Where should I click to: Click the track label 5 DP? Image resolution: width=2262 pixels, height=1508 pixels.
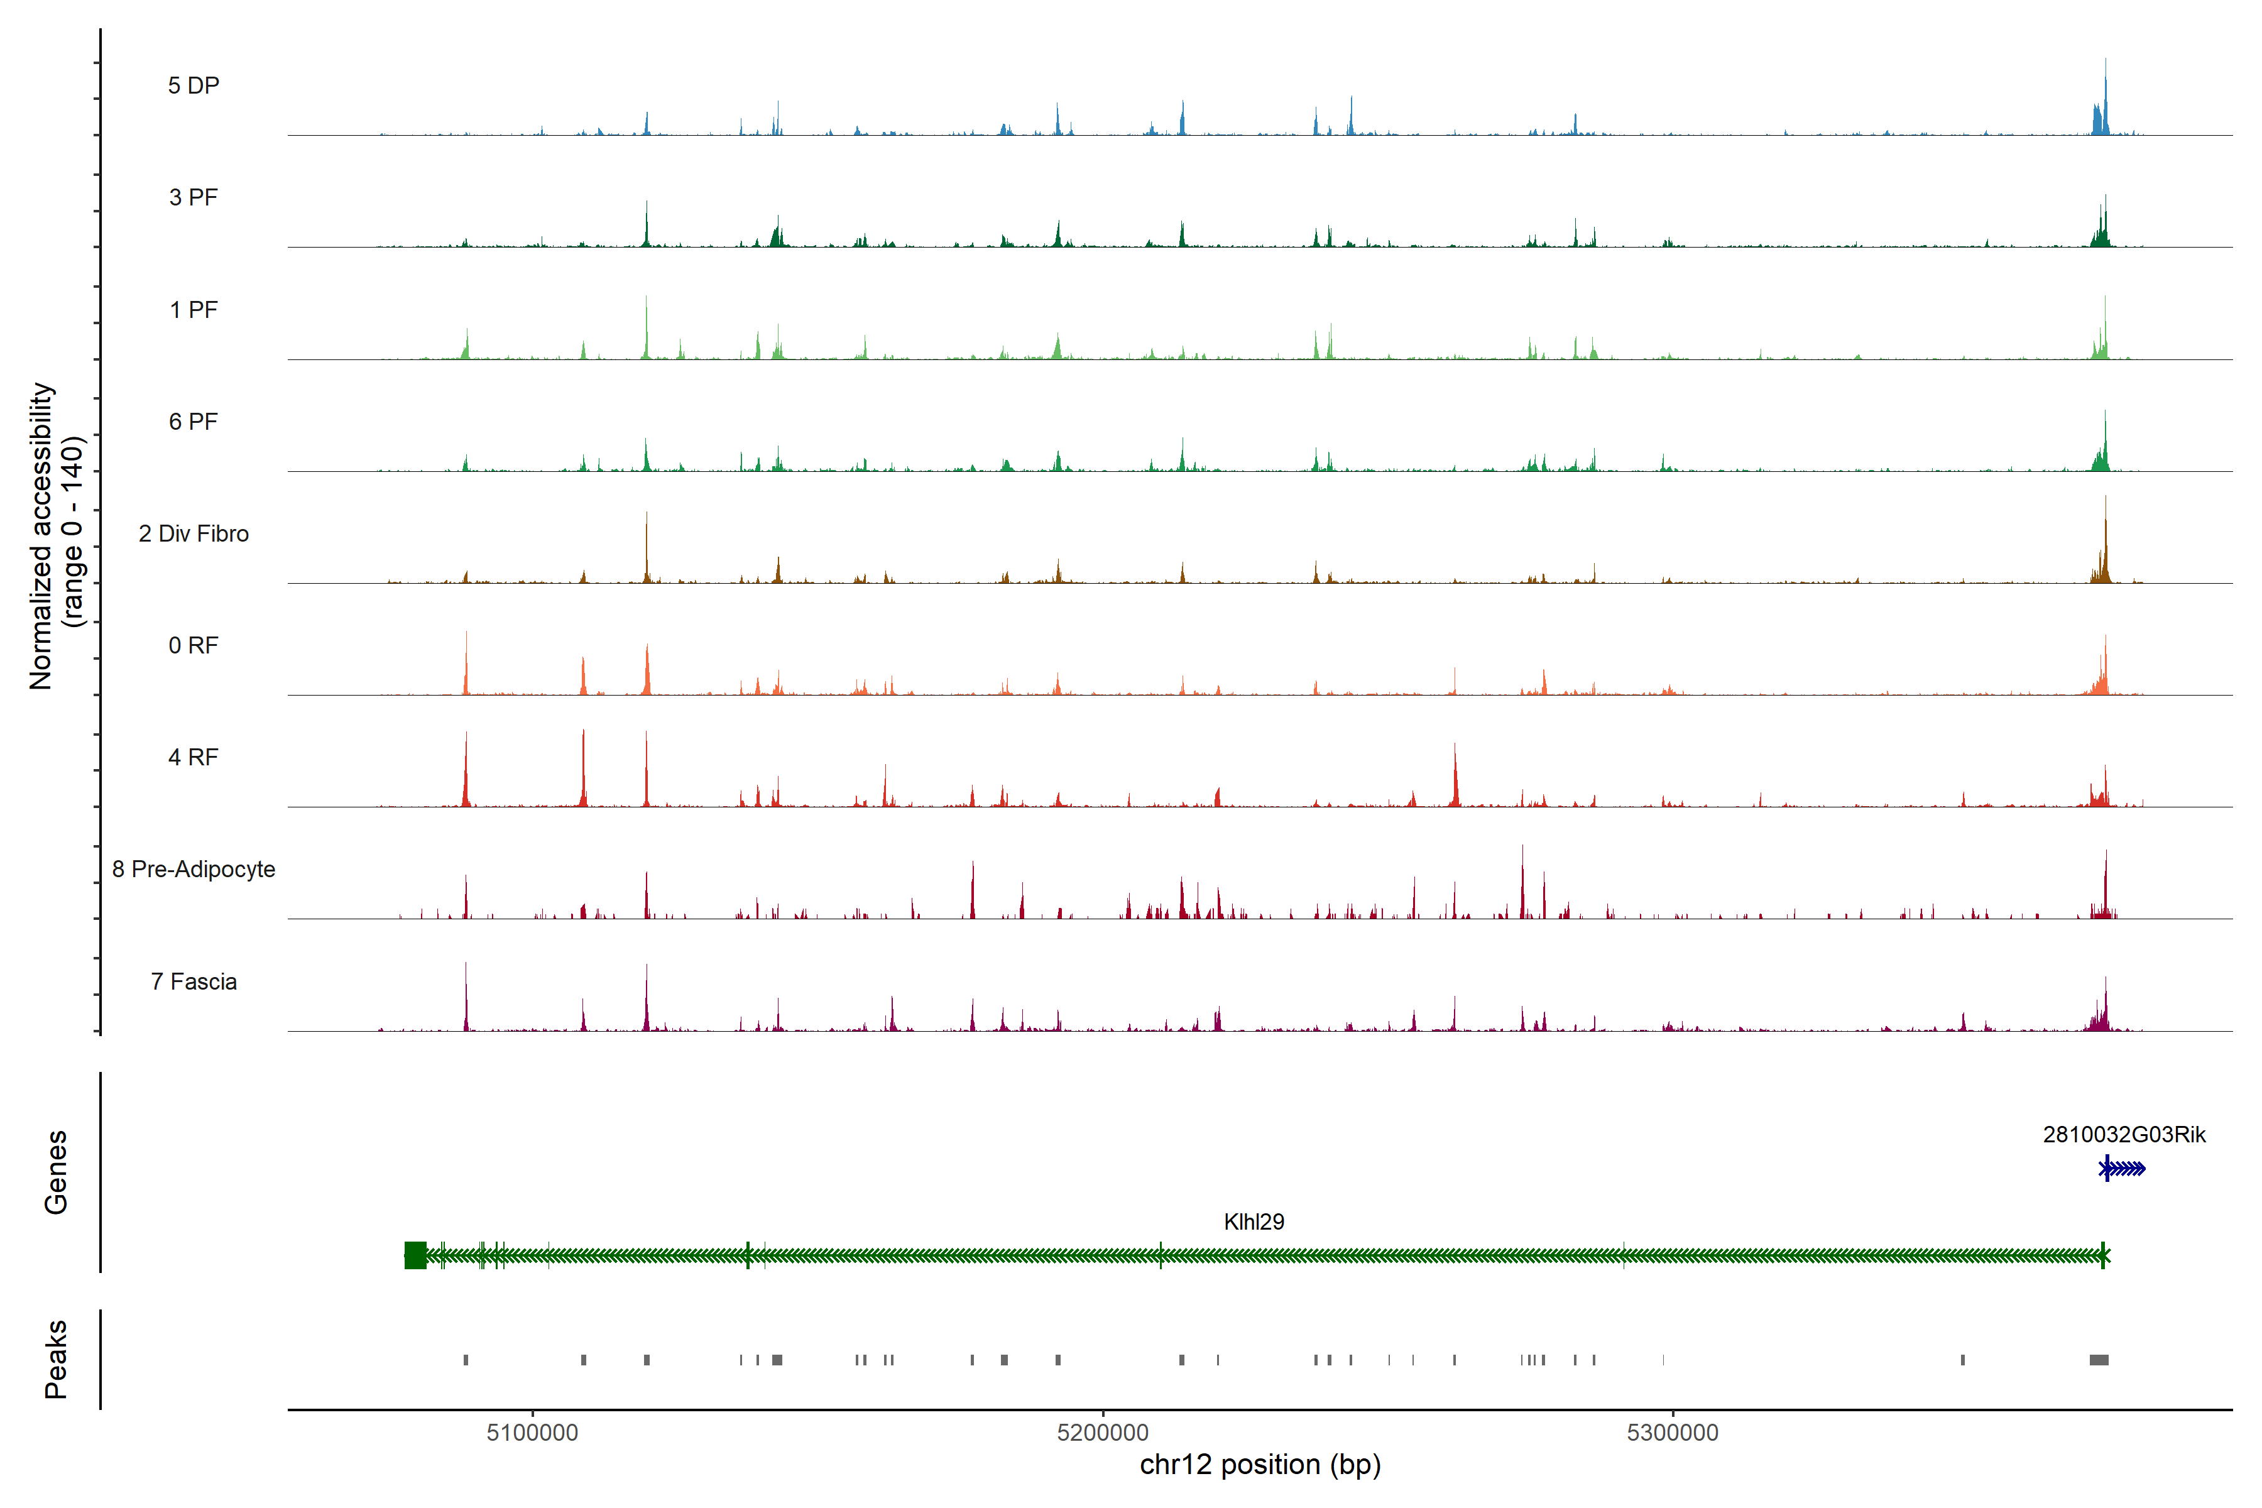pos(194,85)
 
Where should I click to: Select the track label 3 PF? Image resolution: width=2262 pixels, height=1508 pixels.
pos(194,197)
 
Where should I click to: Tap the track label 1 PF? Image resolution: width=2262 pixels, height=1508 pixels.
pos(194,310)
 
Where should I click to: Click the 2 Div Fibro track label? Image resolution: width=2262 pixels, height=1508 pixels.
pos(194,533)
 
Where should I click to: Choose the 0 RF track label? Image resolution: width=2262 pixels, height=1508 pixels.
pos(194,645)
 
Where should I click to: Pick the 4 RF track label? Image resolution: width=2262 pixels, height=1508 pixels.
pos(194,757)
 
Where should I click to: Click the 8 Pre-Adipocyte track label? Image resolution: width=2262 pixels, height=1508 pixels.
pos(194,870)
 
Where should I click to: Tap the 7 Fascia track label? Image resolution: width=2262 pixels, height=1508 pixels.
pos(194,981)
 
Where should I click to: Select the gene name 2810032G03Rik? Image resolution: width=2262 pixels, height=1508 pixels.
pos(2124,1135)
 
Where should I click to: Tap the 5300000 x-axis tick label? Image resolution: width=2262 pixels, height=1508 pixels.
pos(1673,1432)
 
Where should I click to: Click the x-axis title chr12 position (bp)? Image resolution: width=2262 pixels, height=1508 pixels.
pos(1260,1465)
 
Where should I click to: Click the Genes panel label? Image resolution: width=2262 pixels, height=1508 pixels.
pos(56,1172)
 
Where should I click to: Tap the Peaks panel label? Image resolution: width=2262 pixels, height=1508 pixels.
pos(56,1359)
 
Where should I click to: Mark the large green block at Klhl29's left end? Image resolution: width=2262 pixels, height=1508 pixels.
pos(415,1255)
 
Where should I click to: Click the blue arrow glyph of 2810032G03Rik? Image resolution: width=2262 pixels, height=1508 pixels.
pos(2123,1169)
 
